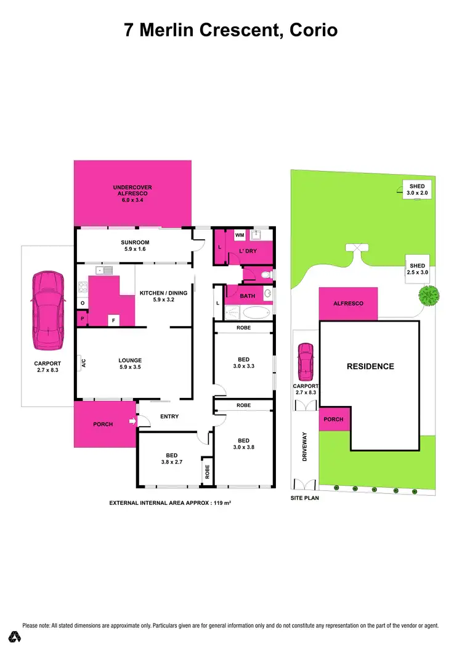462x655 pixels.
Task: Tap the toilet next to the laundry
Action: coord(267,275)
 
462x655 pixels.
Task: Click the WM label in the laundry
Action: coord(240,235)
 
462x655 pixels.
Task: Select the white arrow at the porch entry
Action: coord(131,421)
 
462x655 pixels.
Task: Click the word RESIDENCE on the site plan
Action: coord(370,367)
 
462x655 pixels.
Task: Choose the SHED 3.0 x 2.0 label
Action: coord(416,189)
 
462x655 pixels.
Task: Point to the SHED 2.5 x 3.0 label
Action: coord(417,269)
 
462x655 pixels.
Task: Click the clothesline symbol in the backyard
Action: coord(358,247)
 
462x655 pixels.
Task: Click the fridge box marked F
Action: coord(113,320)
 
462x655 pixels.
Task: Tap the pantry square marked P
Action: coord(82,319)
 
